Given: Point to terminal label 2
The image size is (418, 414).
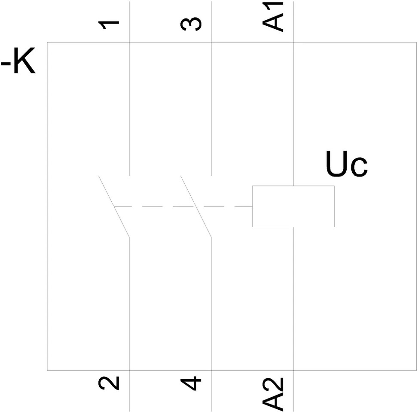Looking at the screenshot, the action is point(109,383).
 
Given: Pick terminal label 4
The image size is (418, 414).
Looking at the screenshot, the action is point(192,383).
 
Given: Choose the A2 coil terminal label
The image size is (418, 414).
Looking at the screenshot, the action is point(274,393).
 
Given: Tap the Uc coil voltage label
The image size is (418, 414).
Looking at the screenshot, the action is point(346,164).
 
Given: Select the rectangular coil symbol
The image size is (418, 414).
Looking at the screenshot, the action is point(293,206).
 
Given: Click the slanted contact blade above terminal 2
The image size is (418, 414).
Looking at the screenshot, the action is point(114,206).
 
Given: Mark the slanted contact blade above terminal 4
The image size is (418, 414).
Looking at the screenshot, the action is point(196,206).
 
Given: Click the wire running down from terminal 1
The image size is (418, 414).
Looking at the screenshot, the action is point(129,107).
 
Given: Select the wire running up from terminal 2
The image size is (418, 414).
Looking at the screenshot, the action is point(129,301).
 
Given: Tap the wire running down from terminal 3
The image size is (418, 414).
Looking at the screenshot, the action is point(211,107).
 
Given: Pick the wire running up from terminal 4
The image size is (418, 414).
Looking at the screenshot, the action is point(211,301).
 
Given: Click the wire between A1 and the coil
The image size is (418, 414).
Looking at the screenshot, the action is point(293,116).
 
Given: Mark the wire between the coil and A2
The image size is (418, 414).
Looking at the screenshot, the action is point(293,296).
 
